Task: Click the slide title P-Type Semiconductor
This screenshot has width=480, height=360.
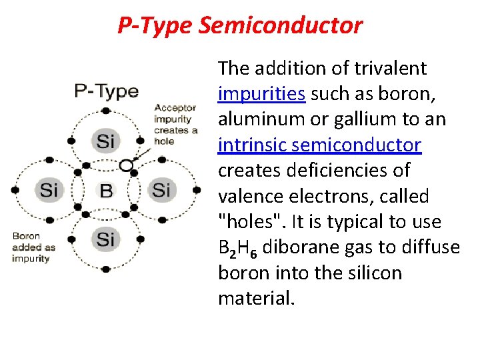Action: click(x=240, y=25)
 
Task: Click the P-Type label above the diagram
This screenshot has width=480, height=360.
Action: click(x=106, y=91)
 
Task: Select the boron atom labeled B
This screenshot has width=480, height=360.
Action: click(x=106, y=191)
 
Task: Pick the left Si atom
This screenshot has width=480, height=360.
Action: click(x=49, y=189)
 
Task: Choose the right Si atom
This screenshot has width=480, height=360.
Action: click(x=161, y=189)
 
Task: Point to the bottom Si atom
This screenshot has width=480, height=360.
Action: click(x=106, y=238)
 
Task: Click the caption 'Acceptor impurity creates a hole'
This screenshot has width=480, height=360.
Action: click(x=175, y=123)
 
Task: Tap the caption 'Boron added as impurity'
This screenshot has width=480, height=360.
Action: click(x=33, y=247)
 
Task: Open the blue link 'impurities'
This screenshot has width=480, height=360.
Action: click(x=261, y=94)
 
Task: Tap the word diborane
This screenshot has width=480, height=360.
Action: click(x=299, y=247)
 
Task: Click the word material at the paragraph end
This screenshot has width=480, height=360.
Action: click(x=255, y=299)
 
